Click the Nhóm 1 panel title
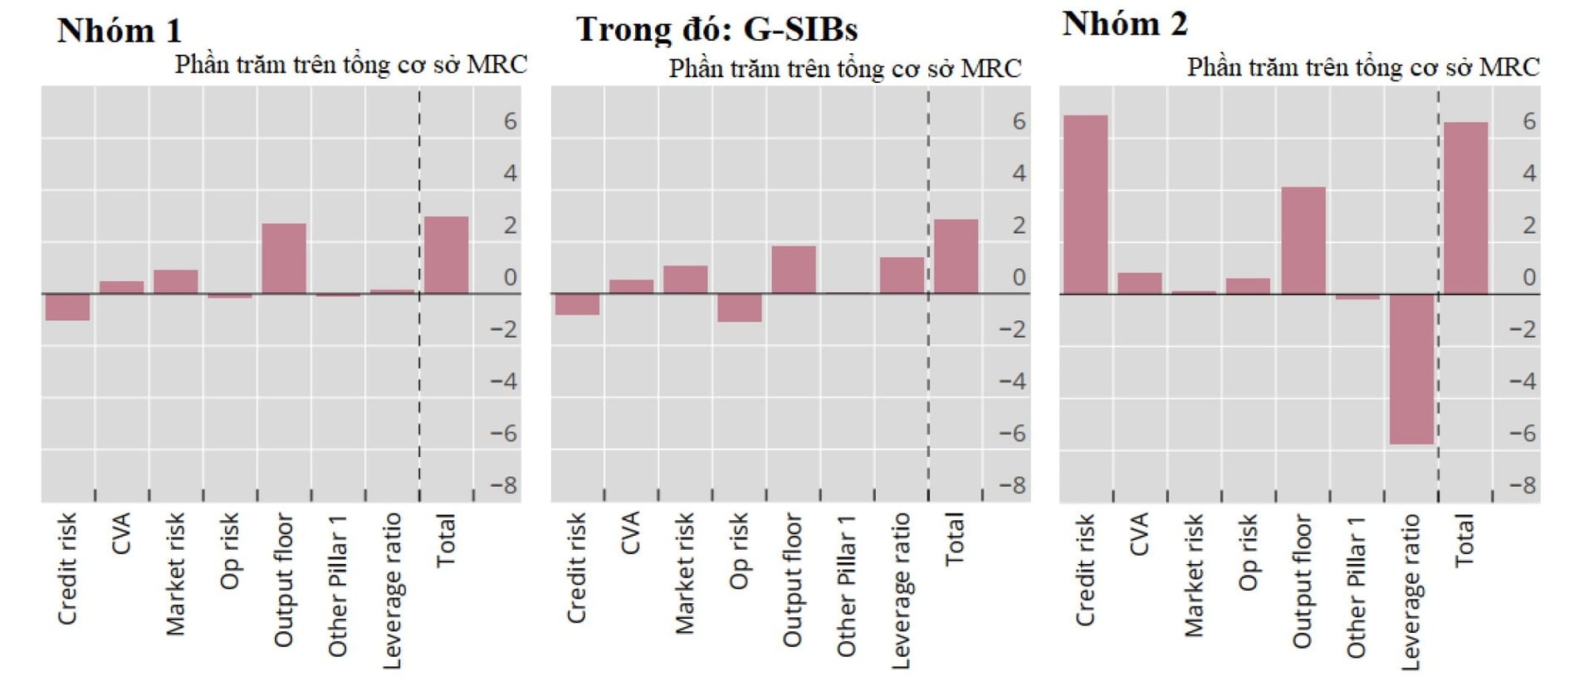pyautogui.click(x=119, y=31)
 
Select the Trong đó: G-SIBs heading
pyautogui.click(x=716, y=29)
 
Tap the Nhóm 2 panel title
pyautogui.click(x=1124, y=23)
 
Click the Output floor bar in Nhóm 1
pyautogui.click(x=284, y=258)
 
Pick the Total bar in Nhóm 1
pyautogui.click(x=447, y=255)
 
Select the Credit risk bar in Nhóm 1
pyautogui.click(x=67, y=307)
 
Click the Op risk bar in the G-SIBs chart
pyautogui.click(x=739, y=308)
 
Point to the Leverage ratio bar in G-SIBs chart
pyautogui.click(x=902, y=275)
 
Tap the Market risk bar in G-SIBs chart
pyautogui.click(x=685, y=280)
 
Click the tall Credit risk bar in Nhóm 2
pyautogui.click(x=1085, y=204)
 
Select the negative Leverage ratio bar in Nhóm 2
pyautogui.click(x=1411, y=369)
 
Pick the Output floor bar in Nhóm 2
pyautogui.click(x=1303, y=241)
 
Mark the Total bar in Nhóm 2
pyautogui.click(x=1465, y=208)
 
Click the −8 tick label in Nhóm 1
pyautogui.click(x=503, y=485)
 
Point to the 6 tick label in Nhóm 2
pyautogui.click(x=1528, y=121)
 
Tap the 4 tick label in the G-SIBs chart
pyautogui.click(x=1019, y=173)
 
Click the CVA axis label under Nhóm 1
pyautogui.click(x=121, y=533)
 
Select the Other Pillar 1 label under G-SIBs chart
pyautogui.click(x=846, y=586)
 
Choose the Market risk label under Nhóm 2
pyautogui.click(x=1194, y=575)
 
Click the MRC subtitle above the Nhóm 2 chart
pyautogui.click(x=1362, y=67)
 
